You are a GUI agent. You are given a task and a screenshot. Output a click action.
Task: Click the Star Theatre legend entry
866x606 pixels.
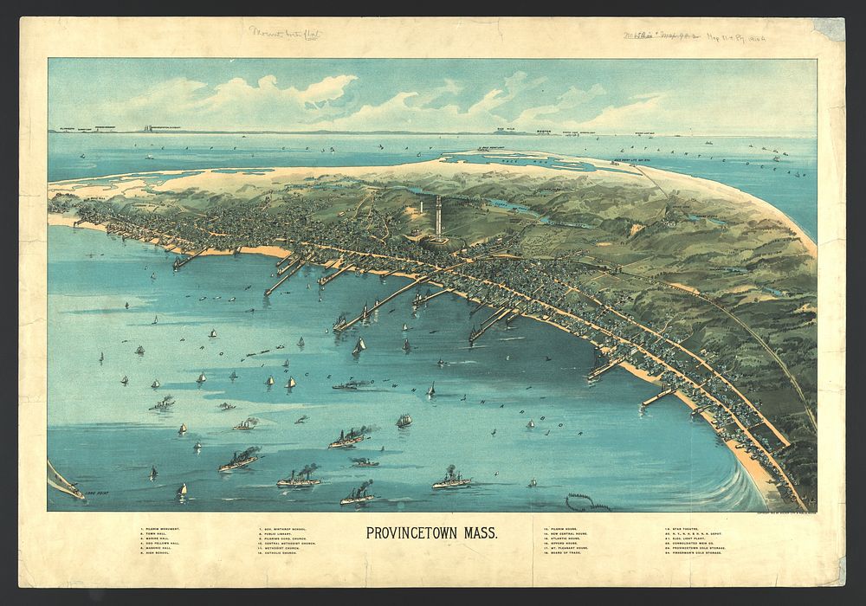point(684,527)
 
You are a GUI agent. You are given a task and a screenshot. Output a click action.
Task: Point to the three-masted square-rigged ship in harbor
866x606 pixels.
point(404,421)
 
